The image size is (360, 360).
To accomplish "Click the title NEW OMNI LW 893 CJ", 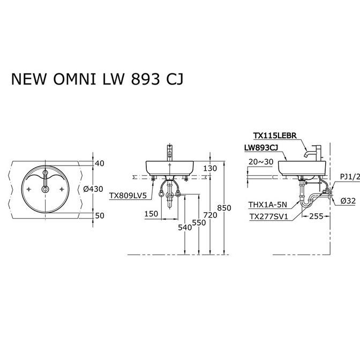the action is point(97,79).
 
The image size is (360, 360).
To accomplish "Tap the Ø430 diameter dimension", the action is point(93,189).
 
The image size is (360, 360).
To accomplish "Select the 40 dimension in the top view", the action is point(100,163).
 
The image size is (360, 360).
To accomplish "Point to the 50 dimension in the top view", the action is point(100,215).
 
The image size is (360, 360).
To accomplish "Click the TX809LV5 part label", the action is point(127,196).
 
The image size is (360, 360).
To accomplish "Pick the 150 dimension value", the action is point(151,214).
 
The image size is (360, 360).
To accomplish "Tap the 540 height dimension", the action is point(185,227).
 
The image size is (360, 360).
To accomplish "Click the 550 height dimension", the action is point(199,222).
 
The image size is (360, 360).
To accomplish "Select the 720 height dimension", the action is point(210,215).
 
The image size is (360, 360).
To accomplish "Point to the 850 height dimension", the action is point(224,208).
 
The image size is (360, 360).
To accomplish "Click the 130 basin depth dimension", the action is point(210,168).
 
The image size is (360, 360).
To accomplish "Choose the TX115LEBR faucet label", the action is point(275,136).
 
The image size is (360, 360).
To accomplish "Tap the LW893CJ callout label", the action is point(261,148).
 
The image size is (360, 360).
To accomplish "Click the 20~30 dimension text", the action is point(261,162).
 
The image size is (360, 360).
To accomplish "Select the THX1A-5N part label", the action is point(268,204).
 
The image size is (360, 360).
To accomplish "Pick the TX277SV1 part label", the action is point(268,216).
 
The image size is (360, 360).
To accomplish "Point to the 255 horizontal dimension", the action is point(316,216).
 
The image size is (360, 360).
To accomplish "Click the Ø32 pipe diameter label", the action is point(348,201).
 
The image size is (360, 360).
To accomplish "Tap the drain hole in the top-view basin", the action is point(45,189).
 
